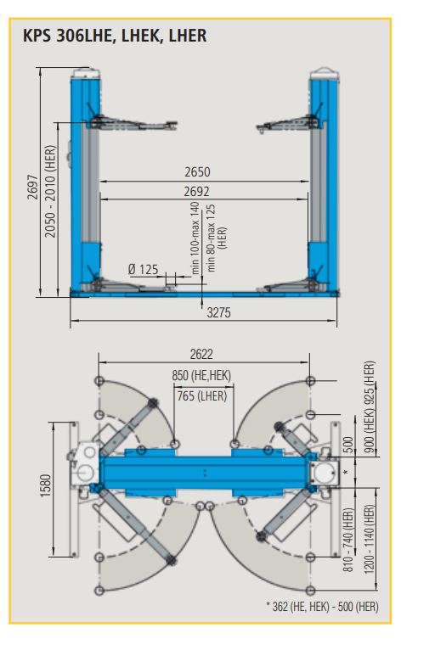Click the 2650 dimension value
pos(197,172)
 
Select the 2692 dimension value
pos(197,192)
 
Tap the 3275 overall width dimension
pos(219,312)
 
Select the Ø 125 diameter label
pos(143,269)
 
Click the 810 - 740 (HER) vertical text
pos(347,541)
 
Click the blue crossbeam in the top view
pos(204,469)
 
